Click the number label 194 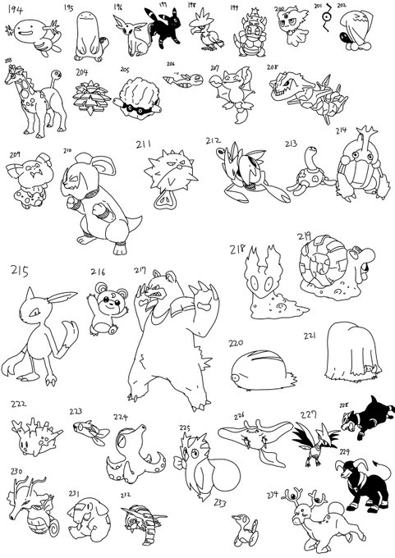(x=16, y=10)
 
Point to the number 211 (x=145, y=145)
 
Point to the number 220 (x=237, y=342)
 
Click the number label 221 (x=310, y=336)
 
